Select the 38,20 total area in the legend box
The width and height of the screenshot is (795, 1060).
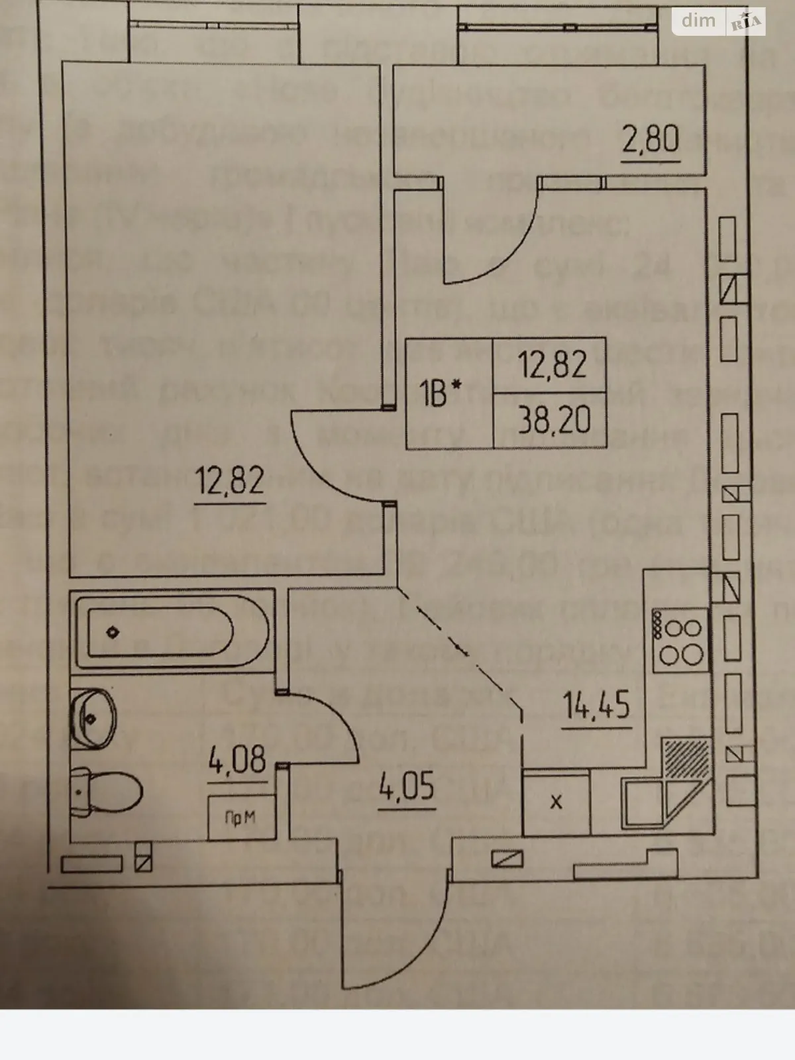[555, 419]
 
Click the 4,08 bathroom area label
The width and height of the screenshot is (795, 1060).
[237, 760]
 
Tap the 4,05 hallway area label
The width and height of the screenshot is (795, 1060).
[406, 788]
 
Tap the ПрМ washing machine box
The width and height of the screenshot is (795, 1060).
[240, 818]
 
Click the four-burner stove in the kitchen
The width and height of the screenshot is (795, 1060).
[679, 641]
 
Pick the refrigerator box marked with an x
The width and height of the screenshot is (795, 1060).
[556, 802]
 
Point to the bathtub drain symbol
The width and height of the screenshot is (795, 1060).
[113, 632]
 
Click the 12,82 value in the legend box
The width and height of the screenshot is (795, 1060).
[553, 364]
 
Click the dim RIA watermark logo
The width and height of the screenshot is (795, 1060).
[719, 21]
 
